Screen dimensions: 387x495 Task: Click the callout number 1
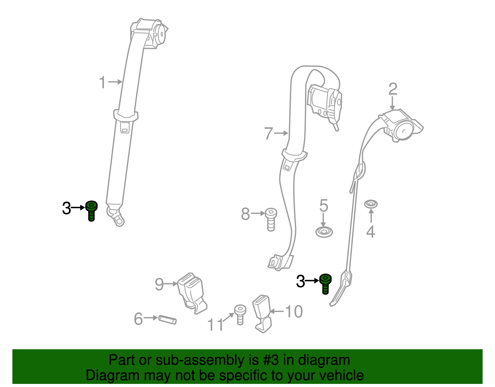(x=102, y=82)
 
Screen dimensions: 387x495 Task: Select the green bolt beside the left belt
(x=91, y=210)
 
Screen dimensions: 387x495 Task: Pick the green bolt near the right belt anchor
(x=325, y=284)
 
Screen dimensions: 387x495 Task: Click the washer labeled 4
(x=371, y=204)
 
